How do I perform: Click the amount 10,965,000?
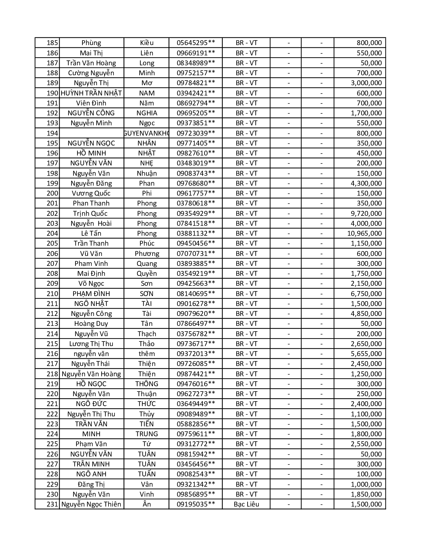point(364,233)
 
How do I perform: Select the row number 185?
point(52,43)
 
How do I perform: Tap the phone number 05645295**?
point(196,43)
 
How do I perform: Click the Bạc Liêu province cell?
point(246,504)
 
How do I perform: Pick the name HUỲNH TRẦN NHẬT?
point(91,93)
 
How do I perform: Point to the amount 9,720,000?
point(366,213)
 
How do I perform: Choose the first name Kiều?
point(147,43)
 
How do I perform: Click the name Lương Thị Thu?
point(91,344)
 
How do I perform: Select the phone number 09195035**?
point(196,504)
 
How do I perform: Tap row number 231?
point(52,504)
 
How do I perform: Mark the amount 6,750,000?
point(366,294)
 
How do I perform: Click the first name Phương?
point(147,254)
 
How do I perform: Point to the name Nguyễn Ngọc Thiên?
point(91,504)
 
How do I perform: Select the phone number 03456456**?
point(196,464)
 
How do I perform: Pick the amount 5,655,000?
point(366,354)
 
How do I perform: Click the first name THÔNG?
point(147,384)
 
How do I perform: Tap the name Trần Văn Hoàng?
point(91,63)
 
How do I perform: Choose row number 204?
point(52,233)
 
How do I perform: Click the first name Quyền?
point(147,273)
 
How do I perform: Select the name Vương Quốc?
point(91,193)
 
